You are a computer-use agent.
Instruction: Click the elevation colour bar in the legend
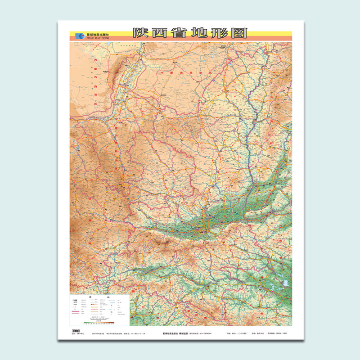click(x=100, y=323)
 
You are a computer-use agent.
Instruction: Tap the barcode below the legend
click(x=75, y=330)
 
